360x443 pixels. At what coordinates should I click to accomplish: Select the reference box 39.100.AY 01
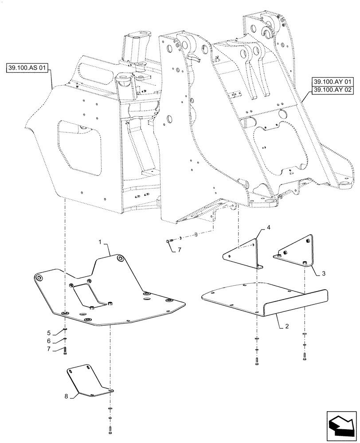pyautogui.click(x=331, y=82)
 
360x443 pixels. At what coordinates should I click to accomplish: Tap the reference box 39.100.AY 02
pyautogui.click(x=331, y=90)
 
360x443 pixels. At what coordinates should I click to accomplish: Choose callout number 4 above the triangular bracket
pyautogui.click(x=268, y=227)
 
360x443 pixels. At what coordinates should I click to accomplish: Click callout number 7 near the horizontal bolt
pyautogui.click(x=179, y=250)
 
